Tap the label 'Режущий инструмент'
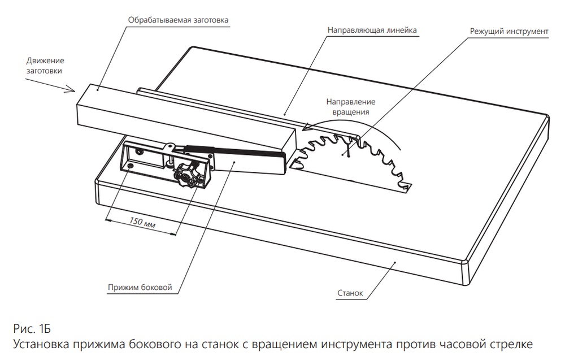pyautogui.click(x=509, y=31)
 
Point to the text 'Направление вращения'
pyautogui.click(x=350, y=107)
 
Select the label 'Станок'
pyautogui.click(x=350, y=293)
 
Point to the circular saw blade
pyautogui.click(x=356, y=158)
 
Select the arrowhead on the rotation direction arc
pyautogui.click(x=308, y=128)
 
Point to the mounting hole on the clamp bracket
pyautogui.click(x=131, y=167)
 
